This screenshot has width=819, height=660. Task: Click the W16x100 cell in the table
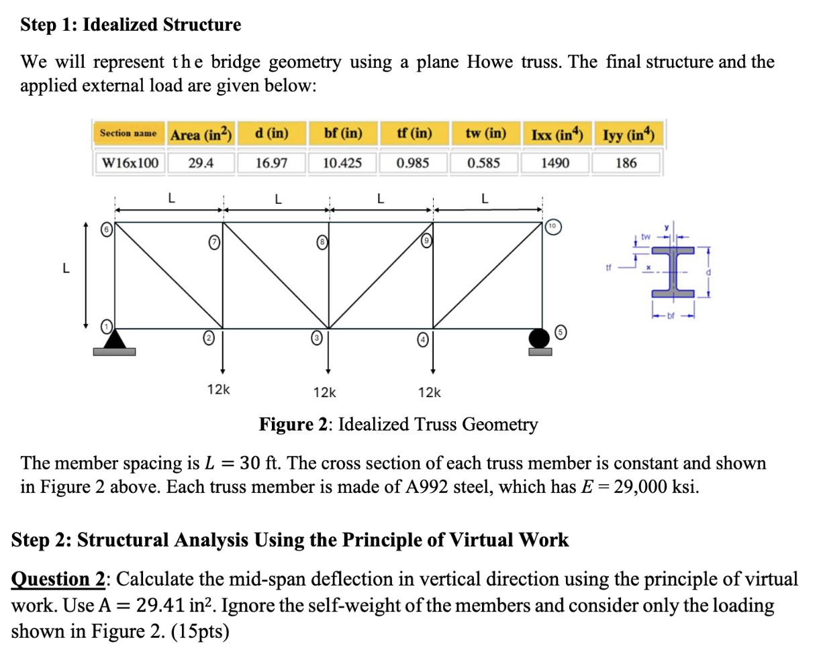point(130,163)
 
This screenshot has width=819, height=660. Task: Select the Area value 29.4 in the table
point(201,163)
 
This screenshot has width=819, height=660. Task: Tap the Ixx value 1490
point(555,163)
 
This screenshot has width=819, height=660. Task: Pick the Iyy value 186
point(626,163)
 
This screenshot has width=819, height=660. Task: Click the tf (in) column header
point(414,133)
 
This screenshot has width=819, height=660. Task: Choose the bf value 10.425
point(342,163)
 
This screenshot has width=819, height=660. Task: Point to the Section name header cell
point(128,133)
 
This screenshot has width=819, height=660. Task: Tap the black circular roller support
point(540,337)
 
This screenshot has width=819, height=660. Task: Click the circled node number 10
point(552,226)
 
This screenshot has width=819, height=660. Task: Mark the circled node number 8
point(322,240)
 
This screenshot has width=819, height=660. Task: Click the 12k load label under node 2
point(218,389)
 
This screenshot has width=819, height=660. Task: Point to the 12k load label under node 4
point(430,392)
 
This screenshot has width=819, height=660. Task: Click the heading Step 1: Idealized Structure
point(131,25)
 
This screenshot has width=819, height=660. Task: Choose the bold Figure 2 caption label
point(296,425)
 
